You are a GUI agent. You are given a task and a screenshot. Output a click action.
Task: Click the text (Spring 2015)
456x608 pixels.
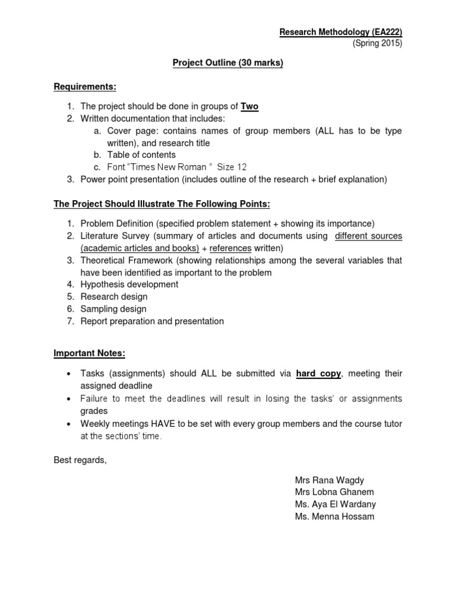(378, 44)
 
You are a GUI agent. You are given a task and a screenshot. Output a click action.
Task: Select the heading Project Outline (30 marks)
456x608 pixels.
(227, 63)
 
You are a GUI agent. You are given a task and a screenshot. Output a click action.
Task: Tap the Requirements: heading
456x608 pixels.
(85, 87)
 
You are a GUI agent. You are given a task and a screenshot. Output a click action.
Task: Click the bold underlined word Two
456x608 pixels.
(249, 106)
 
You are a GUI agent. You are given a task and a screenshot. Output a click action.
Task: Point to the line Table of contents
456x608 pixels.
(141, 155)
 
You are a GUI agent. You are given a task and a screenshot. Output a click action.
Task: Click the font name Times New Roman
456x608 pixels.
(159, 167)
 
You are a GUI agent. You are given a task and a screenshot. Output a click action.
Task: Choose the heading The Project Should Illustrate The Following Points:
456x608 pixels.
(161, 204)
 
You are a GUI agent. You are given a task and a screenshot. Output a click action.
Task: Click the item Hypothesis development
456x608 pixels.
(129, 284)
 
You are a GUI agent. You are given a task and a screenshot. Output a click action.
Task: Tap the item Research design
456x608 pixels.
(114, 297)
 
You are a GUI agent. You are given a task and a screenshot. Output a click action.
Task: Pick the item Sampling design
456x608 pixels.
(113, 309)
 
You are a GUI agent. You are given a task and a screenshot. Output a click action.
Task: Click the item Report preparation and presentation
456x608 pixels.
(152, 321)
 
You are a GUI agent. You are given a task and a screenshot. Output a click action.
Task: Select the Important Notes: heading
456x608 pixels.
(90, 353)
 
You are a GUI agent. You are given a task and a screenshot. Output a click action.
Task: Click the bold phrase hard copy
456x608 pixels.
(319, 373)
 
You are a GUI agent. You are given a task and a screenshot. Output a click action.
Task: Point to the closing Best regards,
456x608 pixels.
(80, 460)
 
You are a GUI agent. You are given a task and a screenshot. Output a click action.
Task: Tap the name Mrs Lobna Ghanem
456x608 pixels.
(334, 492)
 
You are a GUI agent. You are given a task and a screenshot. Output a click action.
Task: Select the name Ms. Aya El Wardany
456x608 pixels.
(335, 504)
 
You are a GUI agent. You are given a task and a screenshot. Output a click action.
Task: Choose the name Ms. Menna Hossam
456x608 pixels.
(334, 517)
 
